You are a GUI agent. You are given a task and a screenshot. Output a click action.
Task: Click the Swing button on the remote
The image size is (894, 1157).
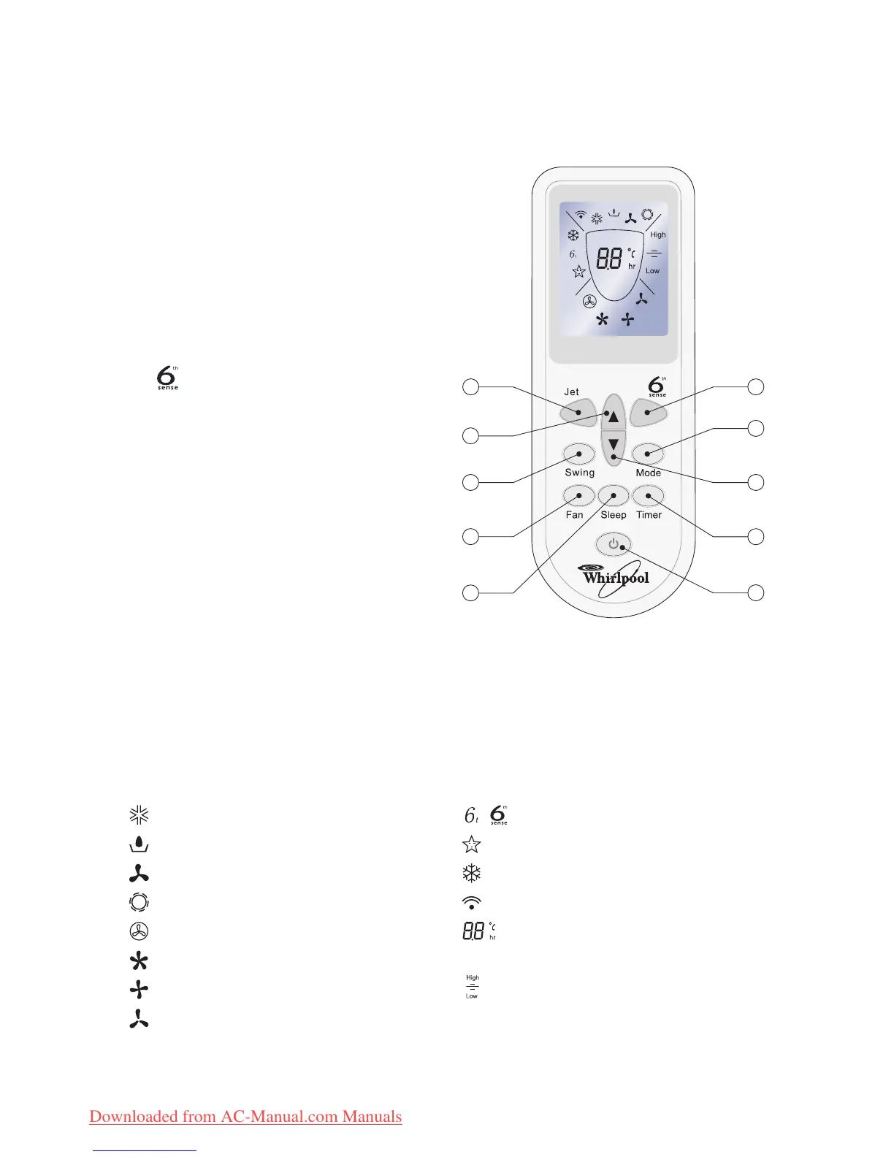[578, 454]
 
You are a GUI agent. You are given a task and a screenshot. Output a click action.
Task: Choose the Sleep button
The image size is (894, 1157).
[614, 497]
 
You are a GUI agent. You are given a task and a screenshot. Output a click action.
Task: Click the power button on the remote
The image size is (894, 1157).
[614, 545]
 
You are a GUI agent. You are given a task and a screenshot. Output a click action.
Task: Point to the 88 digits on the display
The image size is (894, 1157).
[610, 259]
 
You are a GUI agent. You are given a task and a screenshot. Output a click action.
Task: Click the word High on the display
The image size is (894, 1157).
[658, 234]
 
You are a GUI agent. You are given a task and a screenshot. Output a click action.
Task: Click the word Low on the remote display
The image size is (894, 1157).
[652, 271]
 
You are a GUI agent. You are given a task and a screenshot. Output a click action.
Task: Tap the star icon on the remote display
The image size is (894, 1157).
[579, 272]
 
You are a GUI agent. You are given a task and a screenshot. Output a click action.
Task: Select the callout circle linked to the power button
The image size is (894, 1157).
[756, 592]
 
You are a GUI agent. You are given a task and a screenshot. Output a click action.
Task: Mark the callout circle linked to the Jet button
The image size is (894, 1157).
[471, 386]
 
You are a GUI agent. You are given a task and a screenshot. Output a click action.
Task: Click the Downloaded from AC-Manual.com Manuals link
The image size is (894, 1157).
[245, 1116]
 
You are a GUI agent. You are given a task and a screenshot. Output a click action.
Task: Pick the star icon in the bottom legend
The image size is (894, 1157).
[472, 844]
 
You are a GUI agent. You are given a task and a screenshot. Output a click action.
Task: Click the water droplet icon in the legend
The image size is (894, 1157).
[139, 844]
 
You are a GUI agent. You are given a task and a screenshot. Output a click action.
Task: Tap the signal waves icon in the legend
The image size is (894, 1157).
[472, 903]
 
